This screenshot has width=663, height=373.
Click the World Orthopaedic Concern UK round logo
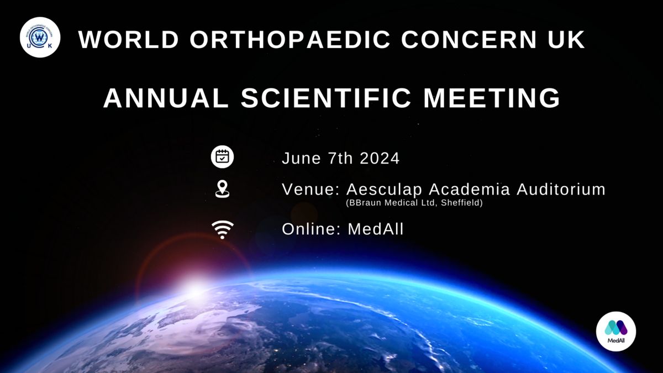[40, 38]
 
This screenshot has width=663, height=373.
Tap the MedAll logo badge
[616, 331]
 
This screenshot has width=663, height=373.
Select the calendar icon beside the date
[222, 157]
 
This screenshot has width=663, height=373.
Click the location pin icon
[222, 189]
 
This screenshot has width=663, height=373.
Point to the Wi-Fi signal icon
[223, 229]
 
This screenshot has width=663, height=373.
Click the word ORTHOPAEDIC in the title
[291, 39]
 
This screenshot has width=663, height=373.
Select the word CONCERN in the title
[469, 39]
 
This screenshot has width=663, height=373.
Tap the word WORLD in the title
[129, 39]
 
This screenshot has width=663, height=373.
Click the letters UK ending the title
[566, 39]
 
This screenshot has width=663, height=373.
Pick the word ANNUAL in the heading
[166, 98]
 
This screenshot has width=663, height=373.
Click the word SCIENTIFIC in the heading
[326, 98]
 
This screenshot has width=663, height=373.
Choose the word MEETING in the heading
[492, 98]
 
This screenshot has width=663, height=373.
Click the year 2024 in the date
[380, 158]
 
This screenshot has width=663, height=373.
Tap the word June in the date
[301, 158]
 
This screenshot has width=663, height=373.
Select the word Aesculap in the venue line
[384, 190]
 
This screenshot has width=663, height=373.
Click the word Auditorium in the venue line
[561, 189]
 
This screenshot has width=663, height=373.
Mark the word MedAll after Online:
[375, 229]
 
